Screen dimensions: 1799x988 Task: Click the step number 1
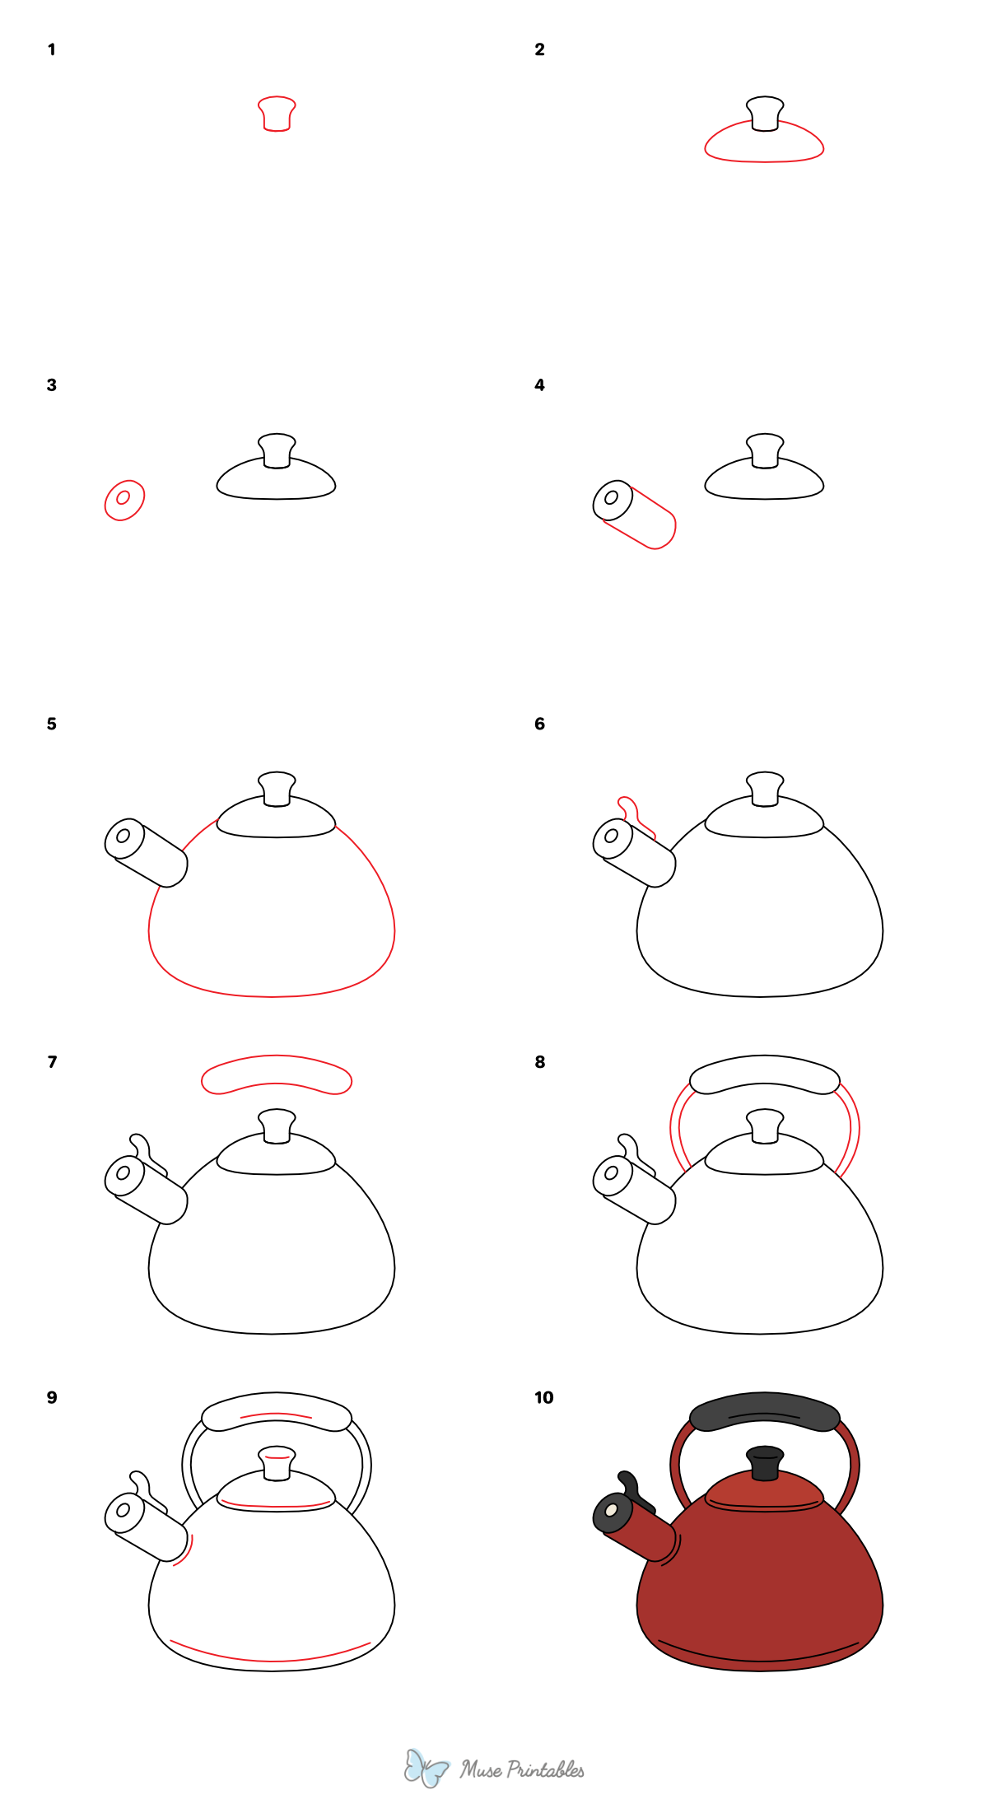pos(51,49)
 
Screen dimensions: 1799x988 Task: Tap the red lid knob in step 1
pos(277,114)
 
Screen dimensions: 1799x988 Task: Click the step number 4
pos(539,385)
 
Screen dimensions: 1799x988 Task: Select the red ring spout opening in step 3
pos(124,500)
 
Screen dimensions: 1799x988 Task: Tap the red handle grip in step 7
pos(277,1074)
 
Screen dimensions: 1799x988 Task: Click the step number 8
pos(539,1062)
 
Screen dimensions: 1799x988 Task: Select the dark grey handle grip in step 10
pos(764,1410)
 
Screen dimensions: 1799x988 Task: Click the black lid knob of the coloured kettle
pos(765,1463)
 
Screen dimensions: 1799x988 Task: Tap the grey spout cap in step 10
pos(613,1513)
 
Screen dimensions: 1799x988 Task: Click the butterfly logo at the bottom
pos(426,1768)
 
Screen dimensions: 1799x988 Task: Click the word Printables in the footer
pos(545,1769)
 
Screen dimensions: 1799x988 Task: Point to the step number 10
pos(543,1397)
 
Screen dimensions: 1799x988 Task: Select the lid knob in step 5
pos(277,789)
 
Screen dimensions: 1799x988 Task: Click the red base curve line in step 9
pos(272,1657)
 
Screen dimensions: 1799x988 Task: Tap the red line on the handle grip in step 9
pos(276,1414)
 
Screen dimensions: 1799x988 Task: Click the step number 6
pos(539,724)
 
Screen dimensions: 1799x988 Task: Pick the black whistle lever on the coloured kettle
pos(632,1488)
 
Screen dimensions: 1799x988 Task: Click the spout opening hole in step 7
pos(123,1172)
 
